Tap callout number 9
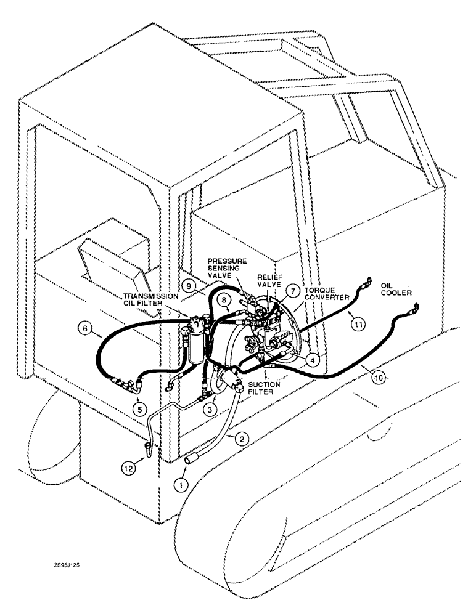[191, 285]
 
